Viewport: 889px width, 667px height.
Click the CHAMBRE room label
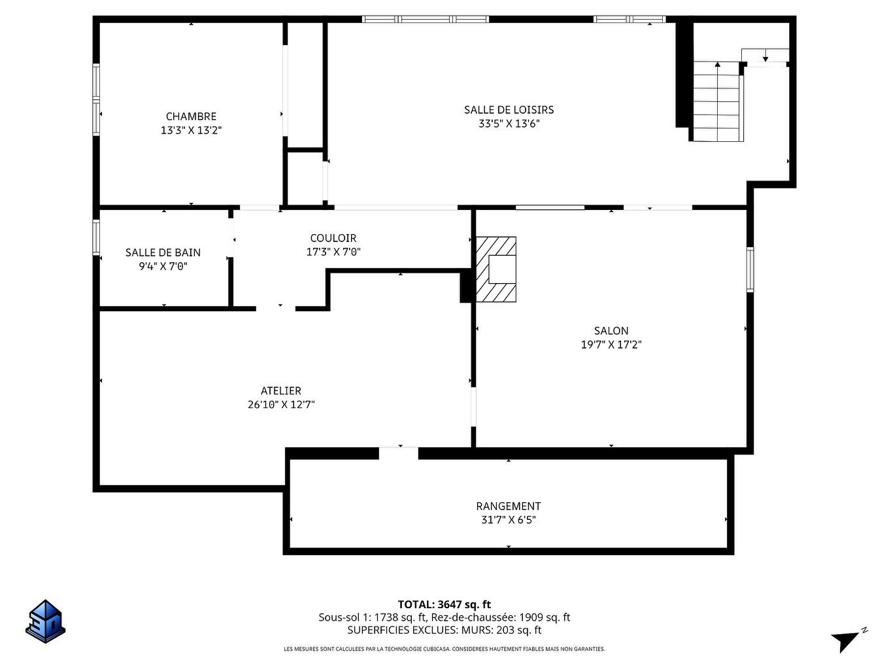[191, 116]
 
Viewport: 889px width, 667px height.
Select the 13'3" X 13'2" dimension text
[191, 130]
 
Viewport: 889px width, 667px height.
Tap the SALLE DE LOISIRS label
[509, 109]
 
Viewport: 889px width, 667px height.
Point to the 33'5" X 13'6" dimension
[509, 123]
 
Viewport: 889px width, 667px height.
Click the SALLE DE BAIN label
[163, 252]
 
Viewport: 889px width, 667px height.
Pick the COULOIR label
[333, 238]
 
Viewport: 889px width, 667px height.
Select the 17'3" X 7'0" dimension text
[333, 252]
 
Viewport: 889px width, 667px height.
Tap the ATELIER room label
[281, 390]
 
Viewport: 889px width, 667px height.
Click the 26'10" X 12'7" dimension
[281, 404]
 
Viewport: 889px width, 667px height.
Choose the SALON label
[611, 331]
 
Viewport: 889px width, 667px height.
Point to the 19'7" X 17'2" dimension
[611, 345]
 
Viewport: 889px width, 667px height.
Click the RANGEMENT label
[508, 506]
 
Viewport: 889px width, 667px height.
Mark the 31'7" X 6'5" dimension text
[508, 520]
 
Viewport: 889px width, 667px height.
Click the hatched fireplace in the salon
[496, 269]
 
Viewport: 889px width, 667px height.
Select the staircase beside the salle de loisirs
[717, 101]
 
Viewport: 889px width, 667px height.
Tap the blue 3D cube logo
[46, 621]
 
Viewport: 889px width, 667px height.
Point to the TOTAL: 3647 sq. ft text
[444, 604]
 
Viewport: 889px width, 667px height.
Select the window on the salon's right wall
[750, 269]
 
